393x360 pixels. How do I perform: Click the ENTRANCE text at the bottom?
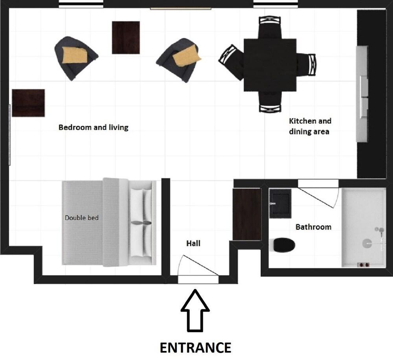[x=195, y=347]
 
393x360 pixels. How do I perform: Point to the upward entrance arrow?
[x=195, y=310]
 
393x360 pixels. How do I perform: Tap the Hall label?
[x=193, y=243]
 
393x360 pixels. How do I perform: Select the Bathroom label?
[x=313, y=227]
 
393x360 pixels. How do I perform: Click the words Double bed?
[x=81, y=218]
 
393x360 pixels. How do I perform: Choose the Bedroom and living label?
[x=93, y=127]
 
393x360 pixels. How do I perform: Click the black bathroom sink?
[x=280, y=204]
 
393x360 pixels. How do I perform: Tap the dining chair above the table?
[x=270, y=27]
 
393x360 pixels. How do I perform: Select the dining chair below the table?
[x=270, y=102]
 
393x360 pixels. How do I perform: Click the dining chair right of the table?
[x=307, y=64]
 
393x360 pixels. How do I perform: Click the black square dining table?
[x=270, y=65]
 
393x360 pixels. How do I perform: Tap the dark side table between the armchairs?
[x=126, y=38]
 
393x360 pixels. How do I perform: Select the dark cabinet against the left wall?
[x=28, y=103]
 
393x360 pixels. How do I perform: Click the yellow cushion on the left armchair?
[x=75, y=55]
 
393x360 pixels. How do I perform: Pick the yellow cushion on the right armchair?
[x=187, y=56]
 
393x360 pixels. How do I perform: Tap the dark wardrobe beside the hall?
[x=247, y=214]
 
